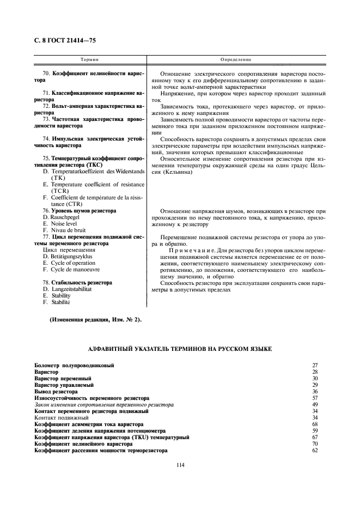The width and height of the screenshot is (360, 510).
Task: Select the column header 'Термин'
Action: (89, 59)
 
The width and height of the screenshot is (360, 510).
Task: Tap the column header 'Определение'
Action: (235, 59)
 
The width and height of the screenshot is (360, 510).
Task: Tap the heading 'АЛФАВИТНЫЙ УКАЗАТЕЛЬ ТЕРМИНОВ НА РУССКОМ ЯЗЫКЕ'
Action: (180, 348)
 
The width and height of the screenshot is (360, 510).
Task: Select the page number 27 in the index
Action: (314, 365)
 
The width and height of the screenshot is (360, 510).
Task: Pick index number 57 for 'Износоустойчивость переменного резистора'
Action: (314, 398)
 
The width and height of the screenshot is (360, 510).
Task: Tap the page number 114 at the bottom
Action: (180, 464)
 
